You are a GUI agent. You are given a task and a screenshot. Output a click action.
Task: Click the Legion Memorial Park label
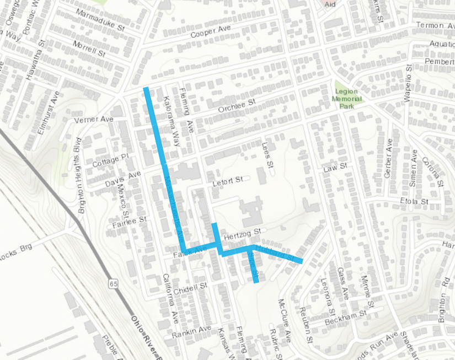click(345, 98)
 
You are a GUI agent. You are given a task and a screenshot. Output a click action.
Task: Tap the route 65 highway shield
click(113, 284)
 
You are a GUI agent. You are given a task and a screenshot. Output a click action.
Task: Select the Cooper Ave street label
click(209, 33)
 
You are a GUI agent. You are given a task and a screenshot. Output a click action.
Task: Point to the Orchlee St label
click(237, 105)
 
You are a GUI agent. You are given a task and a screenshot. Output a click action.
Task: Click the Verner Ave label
click(93, 119)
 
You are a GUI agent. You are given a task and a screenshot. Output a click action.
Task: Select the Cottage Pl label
click(110, 160)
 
